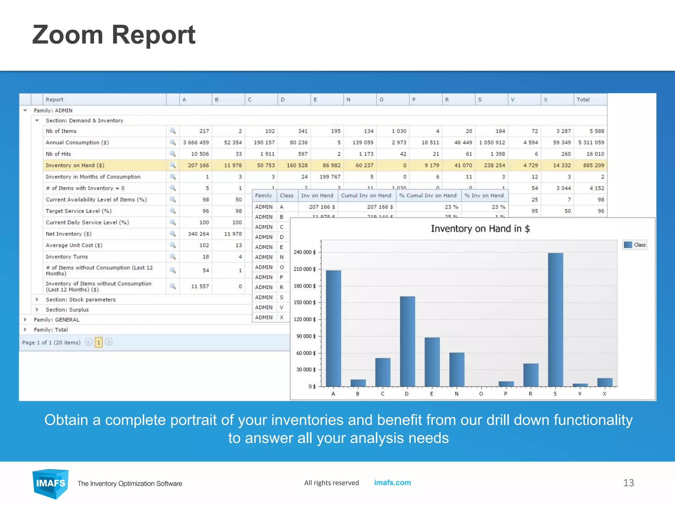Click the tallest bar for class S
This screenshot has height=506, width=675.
[555, 320]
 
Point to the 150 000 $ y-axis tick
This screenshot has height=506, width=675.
[305, 302]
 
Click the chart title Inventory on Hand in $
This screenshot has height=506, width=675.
[480, 229]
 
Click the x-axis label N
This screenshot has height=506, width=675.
[456, 394]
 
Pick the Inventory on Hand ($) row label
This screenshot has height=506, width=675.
[75, 165]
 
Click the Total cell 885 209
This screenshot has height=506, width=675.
[593, 165]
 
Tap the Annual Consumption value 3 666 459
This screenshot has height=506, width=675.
[196, 143]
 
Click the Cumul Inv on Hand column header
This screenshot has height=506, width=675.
[366, 195]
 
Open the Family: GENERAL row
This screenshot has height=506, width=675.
[25, 320]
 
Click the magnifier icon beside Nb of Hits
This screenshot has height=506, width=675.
[172, 154]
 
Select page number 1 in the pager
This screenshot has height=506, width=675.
[99, 342]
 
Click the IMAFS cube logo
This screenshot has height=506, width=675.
[50, 483]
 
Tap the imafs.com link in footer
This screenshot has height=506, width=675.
[392, 483]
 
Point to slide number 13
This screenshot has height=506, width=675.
[628, 483]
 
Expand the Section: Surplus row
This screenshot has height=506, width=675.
[37, 310]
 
